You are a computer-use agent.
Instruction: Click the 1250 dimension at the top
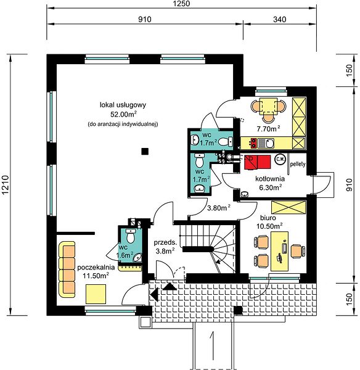click(181, 4)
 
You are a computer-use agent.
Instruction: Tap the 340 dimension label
click(279, 19)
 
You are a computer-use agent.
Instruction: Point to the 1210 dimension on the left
click(5, 185)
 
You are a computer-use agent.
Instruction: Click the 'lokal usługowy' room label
click(123, 105)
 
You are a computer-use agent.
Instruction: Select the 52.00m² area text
click(124, 115)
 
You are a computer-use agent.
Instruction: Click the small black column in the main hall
click(145, 151)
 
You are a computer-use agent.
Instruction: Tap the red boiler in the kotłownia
click(258, 162)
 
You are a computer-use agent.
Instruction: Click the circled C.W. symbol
click(280, 159)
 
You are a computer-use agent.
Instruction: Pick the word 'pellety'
click(298, 164)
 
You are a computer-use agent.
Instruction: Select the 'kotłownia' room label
click(270, 179)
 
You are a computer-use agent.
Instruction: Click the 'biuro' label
click(268, 218)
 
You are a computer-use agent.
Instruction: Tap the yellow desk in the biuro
click(279, 251)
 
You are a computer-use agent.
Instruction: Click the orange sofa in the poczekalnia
click(67, 269)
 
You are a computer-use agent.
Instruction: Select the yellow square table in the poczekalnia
click(96, 294)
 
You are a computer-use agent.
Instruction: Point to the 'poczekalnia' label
click(96, 268)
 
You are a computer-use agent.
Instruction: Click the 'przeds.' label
click(165, 242)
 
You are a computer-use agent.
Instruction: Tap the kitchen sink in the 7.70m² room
click(266, 143)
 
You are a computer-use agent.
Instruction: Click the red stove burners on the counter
click(253, 143)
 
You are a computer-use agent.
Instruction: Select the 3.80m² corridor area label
click(219, 208)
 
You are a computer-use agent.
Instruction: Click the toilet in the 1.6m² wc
click(130, 236)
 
